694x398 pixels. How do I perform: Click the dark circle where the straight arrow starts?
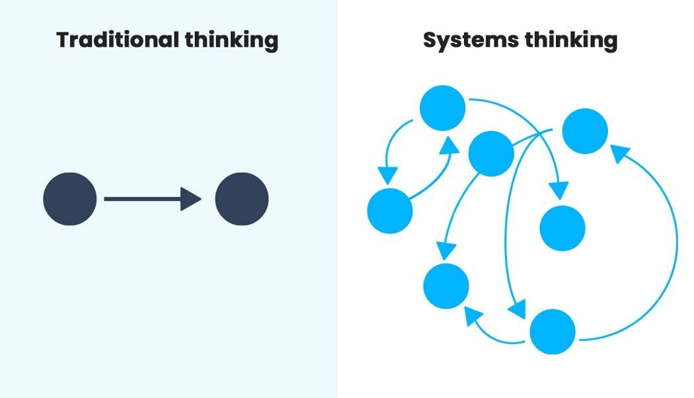[x=69, y=199]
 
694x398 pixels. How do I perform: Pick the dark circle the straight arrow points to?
[x=242, y=199]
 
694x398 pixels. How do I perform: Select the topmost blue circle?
[x=443, y=108]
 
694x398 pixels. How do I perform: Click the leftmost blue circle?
[x=389, y=211]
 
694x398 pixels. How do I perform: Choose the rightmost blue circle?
[x=585, y=132]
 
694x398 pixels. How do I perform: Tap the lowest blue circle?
[x=553, y=331]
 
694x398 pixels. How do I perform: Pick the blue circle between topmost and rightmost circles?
[x=491, y=153]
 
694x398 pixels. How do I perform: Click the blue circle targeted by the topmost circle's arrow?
[x=562, y=228]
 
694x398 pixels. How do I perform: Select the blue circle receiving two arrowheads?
[x=446, y=286]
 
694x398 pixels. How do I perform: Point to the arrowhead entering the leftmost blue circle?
[x=387, y=175]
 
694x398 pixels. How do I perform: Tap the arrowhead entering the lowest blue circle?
[x=517, y=308]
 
